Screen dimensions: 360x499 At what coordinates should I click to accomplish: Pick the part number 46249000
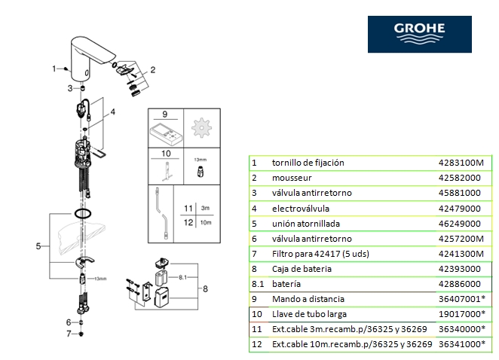(459, 223)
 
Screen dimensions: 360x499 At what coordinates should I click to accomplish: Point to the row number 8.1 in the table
(257, 284)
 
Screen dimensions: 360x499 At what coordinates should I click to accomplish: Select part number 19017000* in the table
(462, 314)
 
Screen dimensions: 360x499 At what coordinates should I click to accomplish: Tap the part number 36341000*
(462, 344)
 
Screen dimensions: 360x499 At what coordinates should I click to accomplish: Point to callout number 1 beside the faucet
(54, 69)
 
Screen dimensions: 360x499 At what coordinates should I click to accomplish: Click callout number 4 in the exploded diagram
(114, 112)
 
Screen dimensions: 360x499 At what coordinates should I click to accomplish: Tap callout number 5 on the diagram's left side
(38, 246)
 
